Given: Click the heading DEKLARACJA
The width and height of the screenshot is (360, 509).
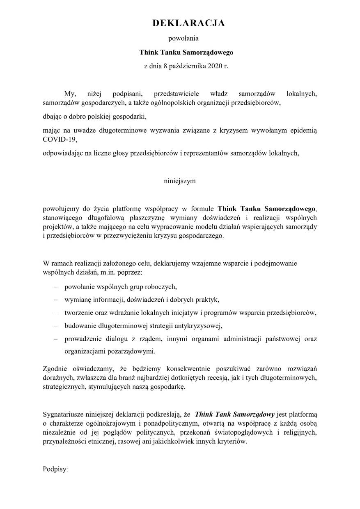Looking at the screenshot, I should click(x=188, y=24).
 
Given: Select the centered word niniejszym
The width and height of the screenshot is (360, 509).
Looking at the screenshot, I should click(x=180, y=181).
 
